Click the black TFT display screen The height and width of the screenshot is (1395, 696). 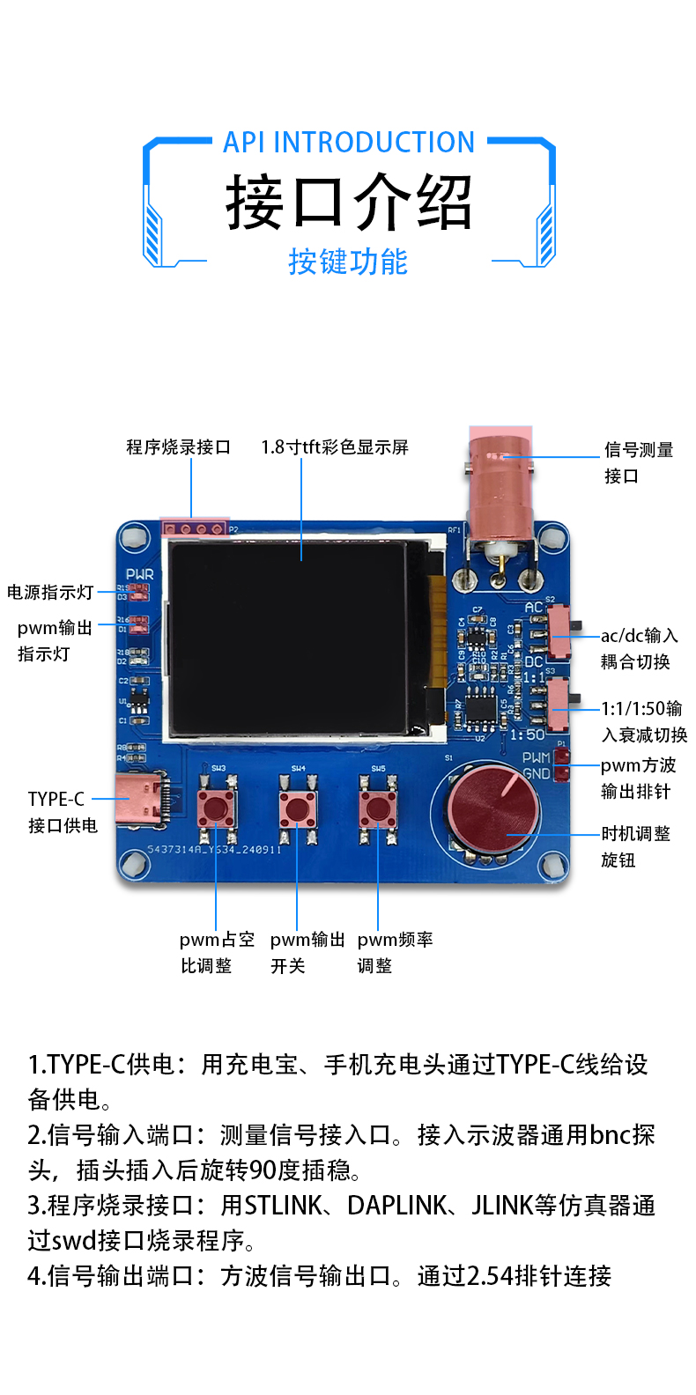click(287, 639)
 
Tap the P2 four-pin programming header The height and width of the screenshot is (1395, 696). click(194, 529)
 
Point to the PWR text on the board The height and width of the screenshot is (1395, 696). click(139, 574)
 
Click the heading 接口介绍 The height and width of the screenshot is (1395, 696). click(349, 203)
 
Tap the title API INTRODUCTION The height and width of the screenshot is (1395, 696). click(349, 143)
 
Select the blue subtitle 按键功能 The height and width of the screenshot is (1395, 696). click(348, 262)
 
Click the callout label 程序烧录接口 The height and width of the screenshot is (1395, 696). click(178, 447)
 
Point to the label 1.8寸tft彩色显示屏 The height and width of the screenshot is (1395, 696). click(335, 447)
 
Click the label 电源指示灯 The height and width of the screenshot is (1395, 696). click(50, 593)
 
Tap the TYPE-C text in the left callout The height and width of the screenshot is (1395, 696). click(56, 799)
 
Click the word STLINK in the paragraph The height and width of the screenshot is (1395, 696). click(284, 1206)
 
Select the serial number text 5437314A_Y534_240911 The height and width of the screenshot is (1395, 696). click(214, 850)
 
